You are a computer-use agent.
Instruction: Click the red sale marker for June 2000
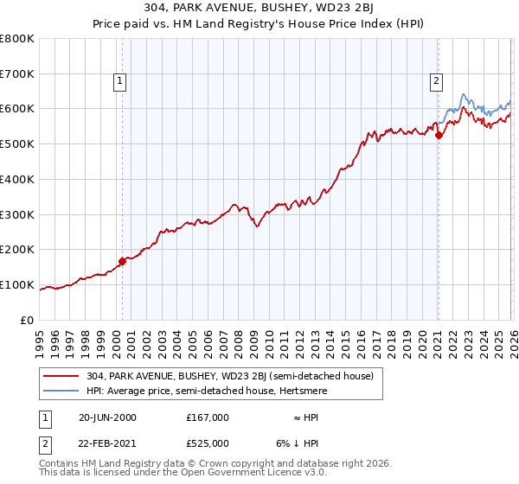pos(122,261)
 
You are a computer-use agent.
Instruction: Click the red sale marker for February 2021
pos(439,135)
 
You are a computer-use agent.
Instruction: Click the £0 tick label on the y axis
pos(28,320)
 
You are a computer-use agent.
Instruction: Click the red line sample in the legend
pos(62,376)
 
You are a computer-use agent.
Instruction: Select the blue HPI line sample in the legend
pos(62,390)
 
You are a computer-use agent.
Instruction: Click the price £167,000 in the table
pos(207,417)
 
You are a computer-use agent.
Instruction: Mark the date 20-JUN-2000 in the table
pos(107,417)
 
